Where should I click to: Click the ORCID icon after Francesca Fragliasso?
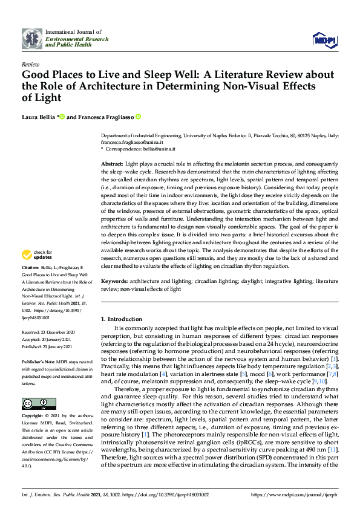tap(138, 117)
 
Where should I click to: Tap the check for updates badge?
tap(37, 254)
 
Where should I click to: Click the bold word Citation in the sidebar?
tap(30, 267)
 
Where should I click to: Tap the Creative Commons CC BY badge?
tap(34, 403)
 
